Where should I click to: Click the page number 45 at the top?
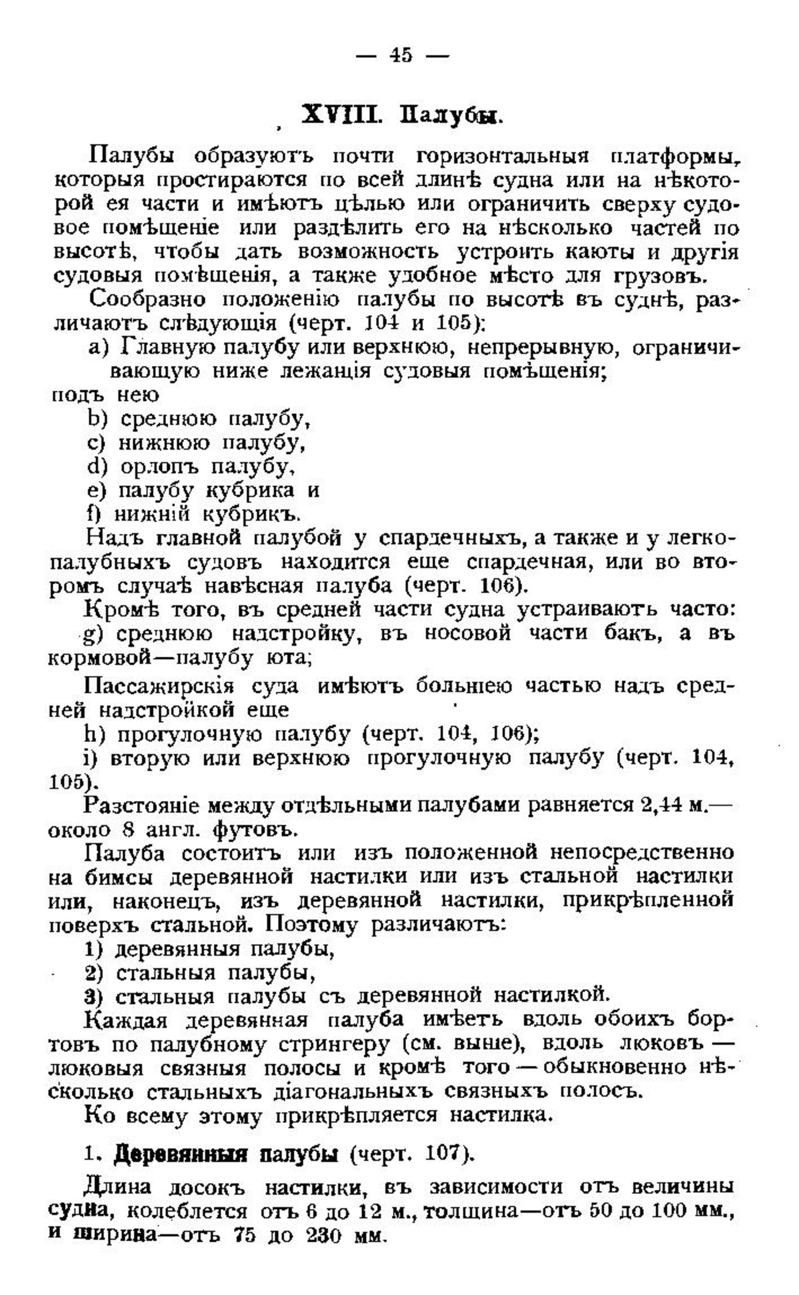pyautogui.click(x=401, y=55)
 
